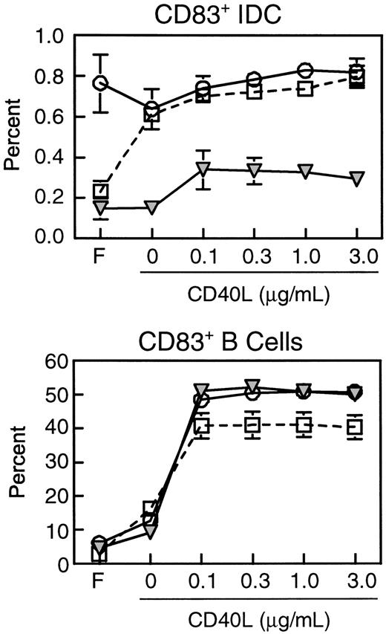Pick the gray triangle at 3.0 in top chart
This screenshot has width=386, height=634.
pos(356,178)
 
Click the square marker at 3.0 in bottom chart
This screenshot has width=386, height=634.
pos(356,427)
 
